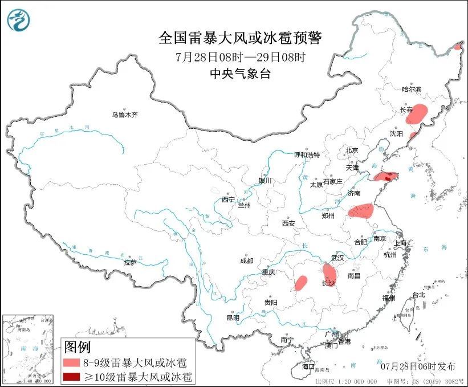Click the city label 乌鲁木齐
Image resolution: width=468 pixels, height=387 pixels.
pyautogui.click(x=124, y=115)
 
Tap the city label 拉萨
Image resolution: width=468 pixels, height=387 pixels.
pyautogui.click(x=130, y=263)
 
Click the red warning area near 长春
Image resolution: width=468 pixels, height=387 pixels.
pyautogui.click(x=418, y=113)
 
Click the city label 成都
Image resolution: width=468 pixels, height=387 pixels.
pyautogui.click(x=246, y=261)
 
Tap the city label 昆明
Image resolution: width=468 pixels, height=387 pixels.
pyautogui.click(x=234, y=317)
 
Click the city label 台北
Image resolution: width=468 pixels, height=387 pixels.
pyautogui.click(x=418, y=295)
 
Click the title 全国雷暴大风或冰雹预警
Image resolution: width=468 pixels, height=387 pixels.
pyautogui.click(x=240, y=38)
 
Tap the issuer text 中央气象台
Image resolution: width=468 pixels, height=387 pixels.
pyautogui.click(x=240, y=72)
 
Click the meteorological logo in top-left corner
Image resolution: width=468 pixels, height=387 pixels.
pyautogui.click(x=19, y=21)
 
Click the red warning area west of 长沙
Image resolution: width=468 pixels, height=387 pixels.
pyautogui.click(x=301, y=283)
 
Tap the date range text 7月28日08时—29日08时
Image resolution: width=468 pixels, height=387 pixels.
pyautogui.click(x=240, y=56)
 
